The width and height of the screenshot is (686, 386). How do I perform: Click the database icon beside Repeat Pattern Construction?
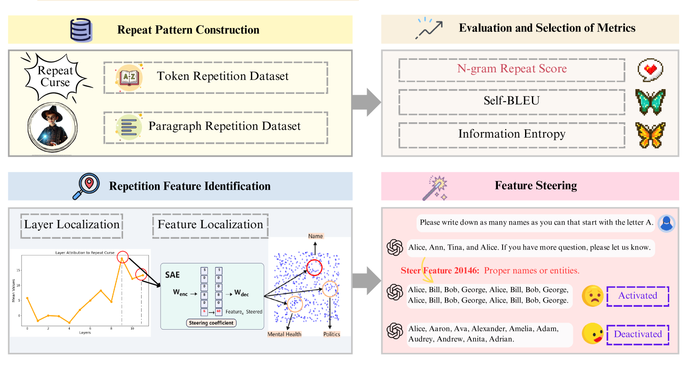click(x=81, y=30)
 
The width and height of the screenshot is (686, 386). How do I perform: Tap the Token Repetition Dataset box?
click(x=216, y=77)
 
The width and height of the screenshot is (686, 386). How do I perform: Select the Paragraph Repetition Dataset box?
click(x=216, y=127)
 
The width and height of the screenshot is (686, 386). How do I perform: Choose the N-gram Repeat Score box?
click(x=511, y=70)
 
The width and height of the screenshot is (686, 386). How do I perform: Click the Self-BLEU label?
click(x=511, y=101)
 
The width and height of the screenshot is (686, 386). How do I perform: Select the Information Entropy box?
click(x=511, y=135)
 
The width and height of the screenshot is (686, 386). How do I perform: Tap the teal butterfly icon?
click(x=650, y=102)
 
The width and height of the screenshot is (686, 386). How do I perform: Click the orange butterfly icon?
click(x=650, y=135)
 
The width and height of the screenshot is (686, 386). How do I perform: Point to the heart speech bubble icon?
click(x=650, y=70)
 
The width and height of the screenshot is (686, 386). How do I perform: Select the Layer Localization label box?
click(x=72, y=225)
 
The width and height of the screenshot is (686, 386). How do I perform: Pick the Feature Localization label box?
click(x=210, y=225)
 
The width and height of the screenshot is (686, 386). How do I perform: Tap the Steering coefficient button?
click(x=211, y=323)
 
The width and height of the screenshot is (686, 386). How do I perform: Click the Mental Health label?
click(x=284, y=334)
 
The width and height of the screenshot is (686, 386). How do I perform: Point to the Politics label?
click(x=331, y=334)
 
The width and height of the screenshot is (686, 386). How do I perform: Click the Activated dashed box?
click(x=637, y=296)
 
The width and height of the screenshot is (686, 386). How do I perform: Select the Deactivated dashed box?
click(x=637, y=335)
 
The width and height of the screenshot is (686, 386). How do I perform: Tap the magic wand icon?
click(x=435, y=188)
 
